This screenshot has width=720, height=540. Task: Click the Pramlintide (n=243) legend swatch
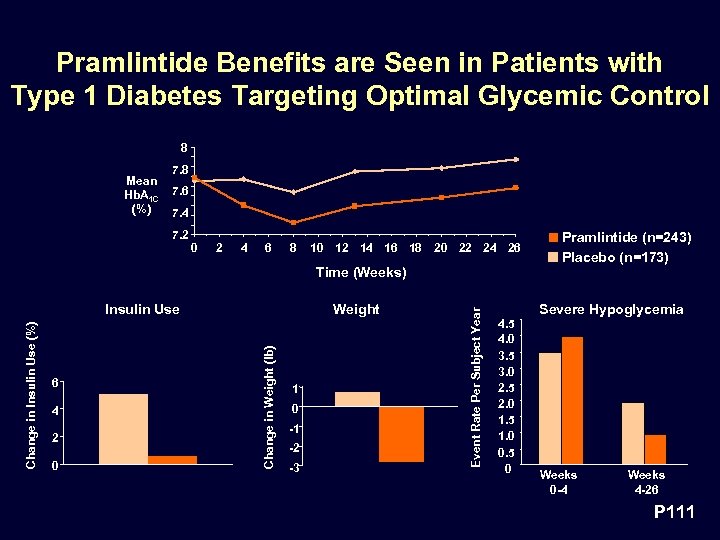tap(552, 238)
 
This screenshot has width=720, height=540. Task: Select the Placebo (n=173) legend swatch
tap(552, 257)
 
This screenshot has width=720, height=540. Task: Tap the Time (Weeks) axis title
tap(360, 272)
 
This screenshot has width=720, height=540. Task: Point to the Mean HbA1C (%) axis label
tap(141, 196)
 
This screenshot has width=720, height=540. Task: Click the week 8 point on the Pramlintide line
tap(293, 222)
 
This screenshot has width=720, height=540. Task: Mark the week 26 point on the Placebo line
tap(515, 159)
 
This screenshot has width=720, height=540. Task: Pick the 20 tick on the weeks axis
tap(440, 248)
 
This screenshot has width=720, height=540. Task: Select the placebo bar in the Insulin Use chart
tap(123, 429)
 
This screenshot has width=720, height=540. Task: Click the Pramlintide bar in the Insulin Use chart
tap(172, 460)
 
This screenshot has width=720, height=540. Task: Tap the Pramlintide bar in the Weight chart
tap(402, 434)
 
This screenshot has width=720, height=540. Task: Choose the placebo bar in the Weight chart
tap(357, 399)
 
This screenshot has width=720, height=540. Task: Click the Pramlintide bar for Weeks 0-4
tap(572, 401)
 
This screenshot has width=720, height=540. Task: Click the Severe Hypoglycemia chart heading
tap(611, 309)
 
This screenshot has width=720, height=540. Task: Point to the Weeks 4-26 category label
tap(646, 481)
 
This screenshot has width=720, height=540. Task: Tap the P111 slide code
tap(674, 512)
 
